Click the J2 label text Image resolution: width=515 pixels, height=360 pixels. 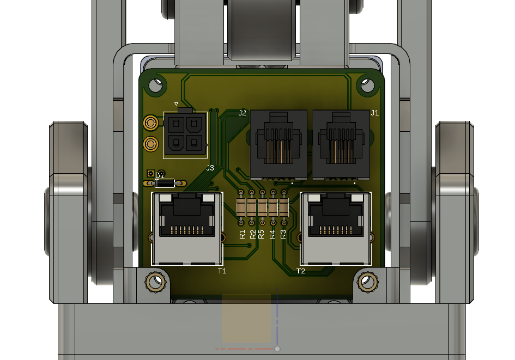tap(242, 113)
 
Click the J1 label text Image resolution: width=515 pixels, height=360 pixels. tap(375, 113)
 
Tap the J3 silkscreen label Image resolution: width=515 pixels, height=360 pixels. tap(210, 168)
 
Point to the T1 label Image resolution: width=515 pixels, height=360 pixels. tap(222, 271)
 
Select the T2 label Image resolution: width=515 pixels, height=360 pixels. tap(300, 271)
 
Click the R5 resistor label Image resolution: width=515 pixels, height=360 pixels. tap(261, 234)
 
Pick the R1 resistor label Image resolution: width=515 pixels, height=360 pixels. tap(243, 234)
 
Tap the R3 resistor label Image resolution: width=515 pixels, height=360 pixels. tap(283, 234)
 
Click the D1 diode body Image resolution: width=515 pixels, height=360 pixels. tap(165, 183)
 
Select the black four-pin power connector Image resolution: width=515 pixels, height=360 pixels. tap(185, 134)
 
